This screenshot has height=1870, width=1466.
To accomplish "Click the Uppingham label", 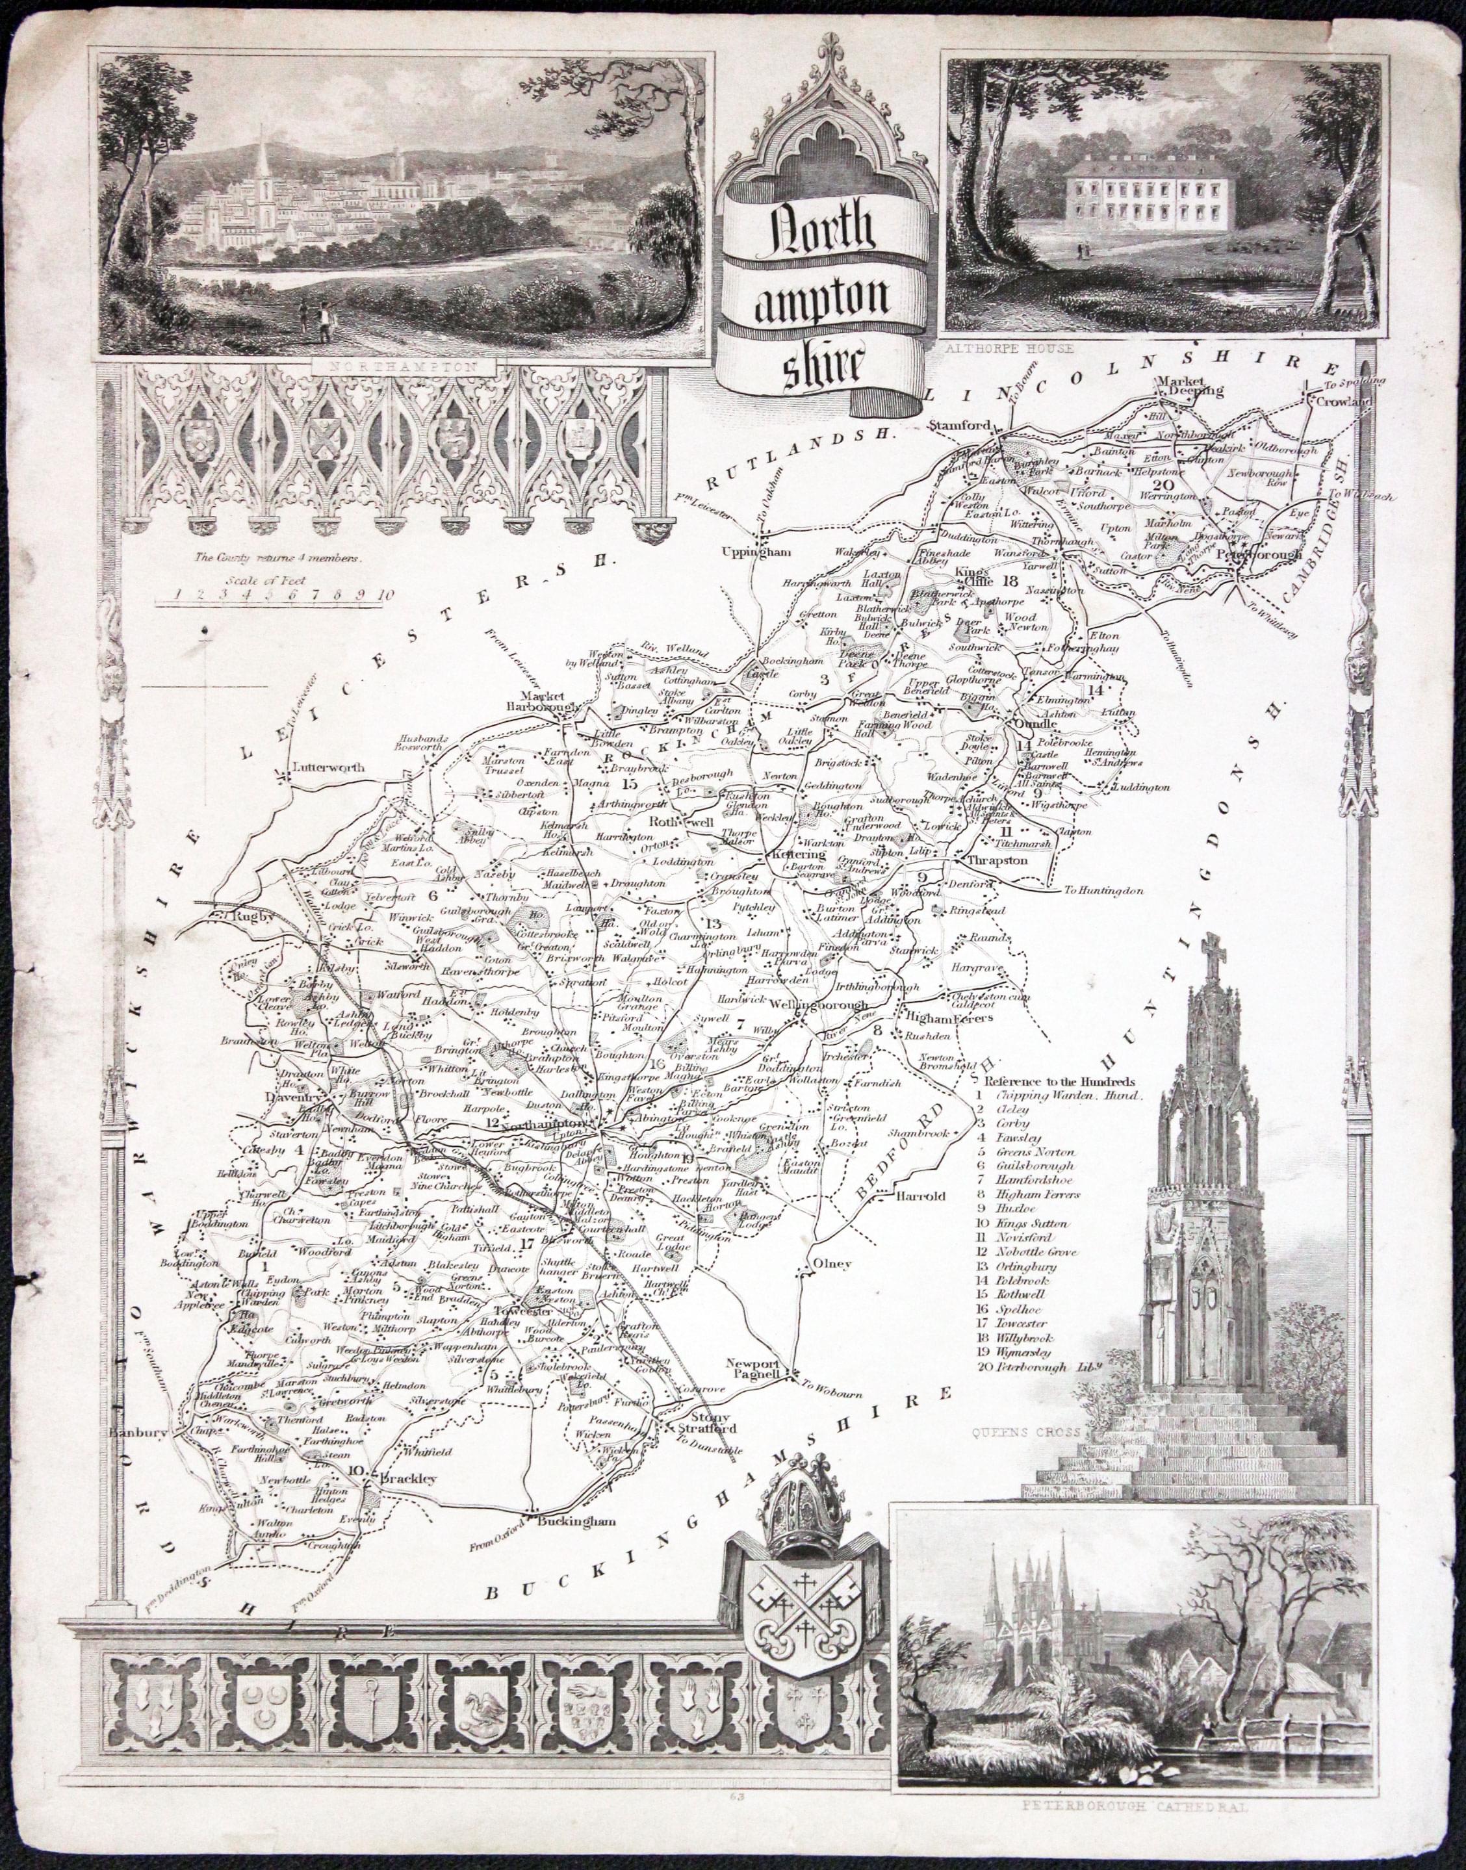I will (754, 552).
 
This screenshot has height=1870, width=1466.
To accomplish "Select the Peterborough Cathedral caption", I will (1135, 1829).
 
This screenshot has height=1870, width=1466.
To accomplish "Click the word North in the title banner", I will (822, 229).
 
